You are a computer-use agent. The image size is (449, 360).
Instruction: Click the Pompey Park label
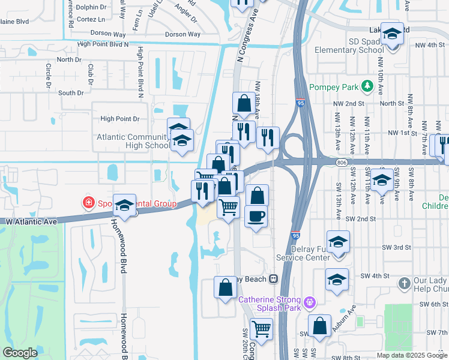[333, 88]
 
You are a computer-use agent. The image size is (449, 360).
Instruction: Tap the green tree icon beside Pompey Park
[365, 88]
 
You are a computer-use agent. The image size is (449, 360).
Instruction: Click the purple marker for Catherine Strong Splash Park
[310, 301]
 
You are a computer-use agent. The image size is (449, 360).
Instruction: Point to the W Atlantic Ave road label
[32, 221]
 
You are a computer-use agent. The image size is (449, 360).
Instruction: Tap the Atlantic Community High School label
[133, 141]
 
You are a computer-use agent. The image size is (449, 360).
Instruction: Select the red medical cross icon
[89, 203]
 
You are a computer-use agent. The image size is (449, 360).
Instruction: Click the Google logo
[20, 353]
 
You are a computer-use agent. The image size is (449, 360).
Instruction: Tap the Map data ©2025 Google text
[411, 355]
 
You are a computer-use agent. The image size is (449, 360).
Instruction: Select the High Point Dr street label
[119, 119]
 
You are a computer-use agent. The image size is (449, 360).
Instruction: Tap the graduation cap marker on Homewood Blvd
[124, 205]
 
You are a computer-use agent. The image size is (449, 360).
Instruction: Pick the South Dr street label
[71, 93]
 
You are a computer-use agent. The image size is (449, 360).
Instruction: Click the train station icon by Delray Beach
[273, 278]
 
